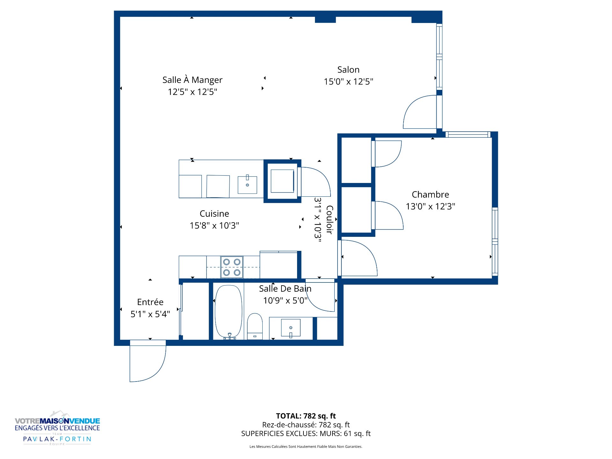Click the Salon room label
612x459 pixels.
348,69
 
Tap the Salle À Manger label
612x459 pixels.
192,80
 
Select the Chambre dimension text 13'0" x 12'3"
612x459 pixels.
430,206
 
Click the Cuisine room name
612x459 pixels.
214,214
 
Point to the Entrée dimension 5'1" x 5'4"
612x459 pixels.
150,314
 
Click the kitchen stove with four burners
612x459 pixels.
232,267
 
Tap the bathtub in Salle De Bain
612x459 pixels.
229,311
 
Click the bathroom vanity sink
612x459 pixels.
291,328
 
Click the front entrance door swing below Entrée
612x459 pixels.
148,361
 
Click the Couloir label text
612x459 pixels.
330,220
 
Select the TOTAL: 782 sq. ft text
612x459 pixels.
306,416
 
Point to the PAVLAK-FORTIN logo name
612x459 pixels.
57,439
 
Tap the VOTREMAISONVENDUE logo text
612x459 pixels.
57,421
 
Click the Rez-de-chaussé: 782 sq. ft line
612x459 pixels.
306,425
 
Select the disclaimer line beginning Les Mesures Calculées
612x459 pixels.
306,447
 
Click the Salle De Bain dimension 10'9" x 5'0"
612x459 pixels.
285,301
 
